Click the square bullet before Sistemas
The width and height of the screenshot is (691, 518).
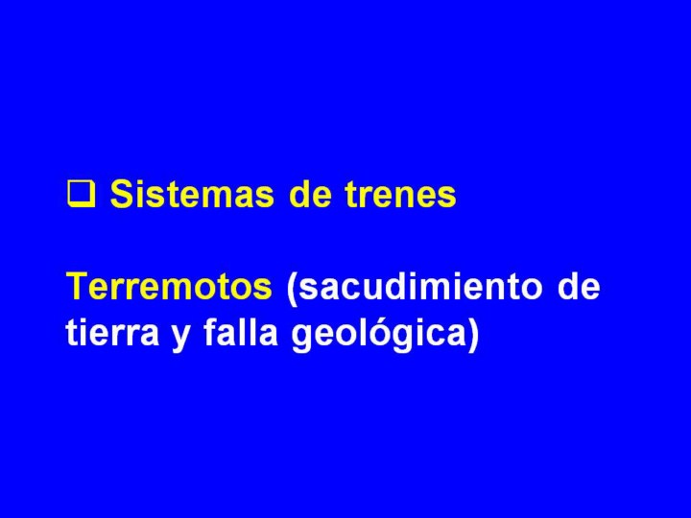pyautogui.click(x=81, y=194)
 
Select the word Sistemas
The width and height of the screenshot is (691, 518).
pyautogui.click(x=192, y=194)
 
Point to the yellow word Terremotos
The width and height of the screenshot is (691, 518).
pyautogui.click(x=169, y=286)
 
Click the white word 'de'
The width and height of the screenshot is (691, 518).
pyautogui.click(x=579, y=286)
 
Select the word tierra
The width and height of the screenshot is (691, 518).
pyautogui.click(x=112, y=332)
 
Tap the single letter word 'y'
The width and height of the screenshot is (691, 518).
pyautogui.click(x=181, y=336)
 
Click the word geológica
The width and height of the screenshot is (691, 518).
pyautogui.click(x=378, y=335)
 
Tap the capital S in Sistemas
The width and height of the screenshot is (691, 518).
pyautogui.click(x=121, y=194)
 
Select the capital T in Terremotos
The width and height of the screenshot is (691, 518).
pyautogui.click(x=78, y=286)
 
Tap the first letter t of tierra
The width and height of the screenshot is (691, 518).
pyautogui.click(x=72, y=333)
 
